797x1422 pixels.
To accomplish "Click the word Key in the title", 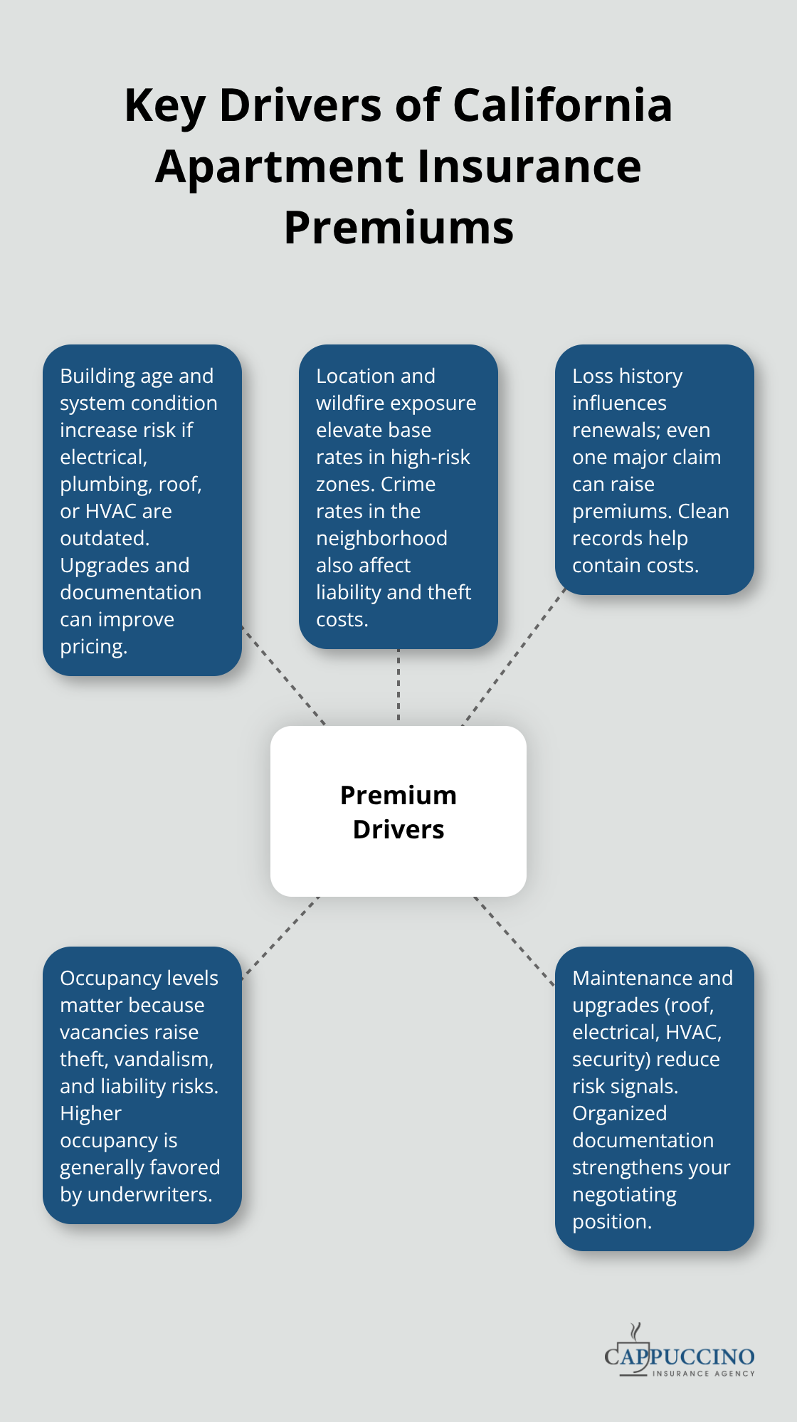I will (164, 105).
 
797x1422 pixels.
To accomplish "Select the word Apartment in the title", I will (280, 167).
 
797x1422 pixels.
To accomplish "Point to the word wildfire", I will (356, 403).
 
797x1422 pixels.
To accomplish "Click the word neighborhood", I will (381, 538).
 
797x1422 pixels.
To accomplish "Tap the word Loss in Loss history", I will (592, 376).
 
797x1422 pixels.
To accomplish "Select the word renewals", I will (614, 430).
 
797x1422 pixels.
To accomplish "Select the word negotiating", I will (624, 1194).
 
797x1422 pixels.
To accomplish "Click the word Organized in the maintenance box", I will (619, 1113).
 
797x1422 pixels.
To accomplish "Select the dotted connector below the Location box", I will (398, 686).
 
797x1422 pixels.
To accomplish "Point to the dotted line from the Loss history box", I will (514, 659).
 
